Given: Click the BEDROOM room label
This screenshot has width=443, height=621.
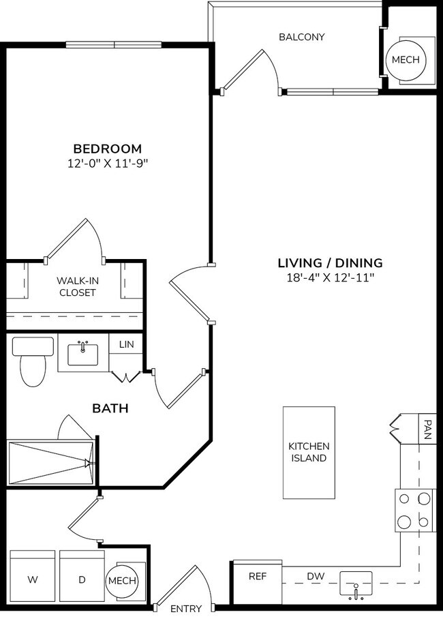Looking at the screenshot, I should point(108,149).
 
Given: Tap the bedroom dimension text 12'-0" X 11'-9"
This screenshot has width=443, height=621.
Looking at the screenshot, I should point(108,164).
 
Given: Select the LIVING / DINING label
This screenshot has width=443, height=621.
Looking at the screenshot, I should point(330,263).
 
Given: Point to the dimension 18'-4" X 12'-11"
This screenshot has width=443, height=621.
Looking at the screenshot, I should point(330,277).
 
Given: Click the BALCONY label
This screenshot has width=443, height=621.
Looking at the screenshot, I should point(301,37).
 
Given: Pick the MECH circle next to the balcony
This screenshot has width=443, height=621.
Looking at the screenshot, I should point(407,60).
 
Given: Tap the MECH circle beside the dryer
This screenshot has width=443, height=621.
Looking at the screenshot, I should point(123,581).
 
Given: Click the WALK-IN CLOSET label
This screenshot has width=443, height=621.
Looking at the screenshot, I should point(76,286).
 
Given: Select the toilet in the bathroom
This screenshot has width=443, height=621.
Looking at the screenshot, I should point(32,361).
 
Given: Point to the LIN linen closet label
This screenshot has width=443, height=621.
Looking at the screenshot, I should point(126,345).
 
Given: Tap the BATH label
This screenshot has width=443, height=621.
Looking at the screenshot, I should point(110,408).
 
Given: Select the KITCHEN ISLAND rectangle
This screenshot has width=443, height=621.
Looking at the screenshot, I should point(309,452).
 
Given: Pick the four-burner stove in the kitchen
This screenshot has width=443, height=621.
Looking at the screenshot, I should point(415,511).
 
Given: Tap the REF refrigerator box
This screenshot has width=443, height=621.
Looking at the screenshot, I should point(257,577).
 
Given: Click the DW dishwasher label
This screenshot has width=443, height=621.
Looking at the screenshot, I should point(315,577).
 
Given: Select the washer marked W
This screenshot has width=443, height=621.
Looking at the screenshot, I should point(32,580).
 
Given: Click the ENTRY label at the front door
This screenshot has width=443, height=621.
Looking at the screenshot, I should point(185,609).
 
